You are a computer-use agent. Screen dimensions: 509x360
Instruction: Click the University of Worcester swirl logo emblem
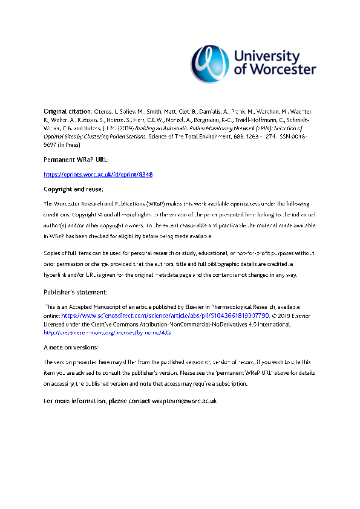pyautogui.click(x=211, y=60)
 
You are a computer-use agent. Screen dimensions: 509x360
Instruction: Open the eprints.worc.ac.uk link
pyautogui.click(x=98, y=174)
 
